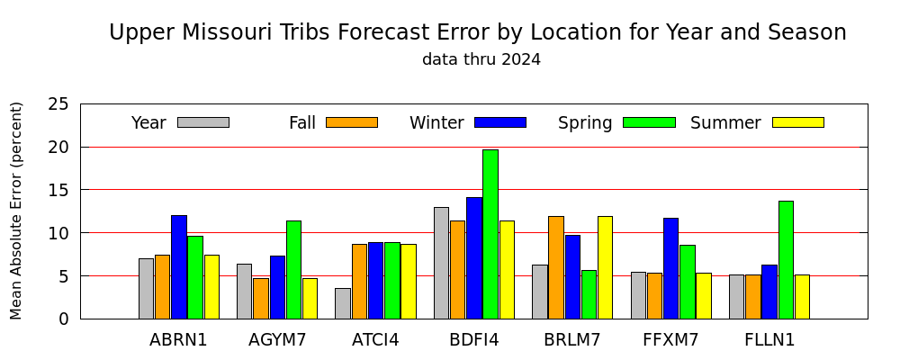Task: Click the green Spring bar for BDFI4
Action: click(x=490, y=234)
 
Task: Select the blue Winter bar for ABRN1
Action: click(x=179, y=267)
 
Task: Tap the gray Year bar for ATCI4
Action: click(x=343, y=303)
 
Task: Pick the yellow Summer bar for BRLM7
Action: click(x=605, y=267)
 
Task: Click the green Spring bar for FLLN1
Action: click(x=786, y=260)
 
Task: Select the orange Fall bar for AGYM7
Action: click(x=261, y=299)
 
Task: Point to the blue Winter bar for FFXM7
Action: click(x=671, y=269)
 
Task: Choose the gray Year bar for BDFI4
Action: click(x=441, y=263)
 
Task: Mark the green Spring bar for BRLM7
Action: click(x=589, y=294)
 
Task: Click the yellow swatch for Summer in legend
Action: click(x=797, y=122)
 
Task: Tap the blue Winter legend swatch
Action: click(x=500, y=122)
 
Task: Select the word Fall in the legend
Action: click(x=301, y=123)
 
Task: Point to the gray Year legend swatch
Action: click(x=203, y=122)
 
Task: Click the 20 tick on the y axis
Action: click(x=58, y=147)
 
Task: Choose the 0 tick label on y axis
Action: click(x=63, y=319)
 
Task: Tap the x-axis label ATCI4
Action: click(x=375, y=340)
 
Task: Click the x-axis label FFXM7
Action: click(x=671, y=340)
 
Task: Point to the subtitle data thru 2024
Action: click(x=481, y=59)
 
